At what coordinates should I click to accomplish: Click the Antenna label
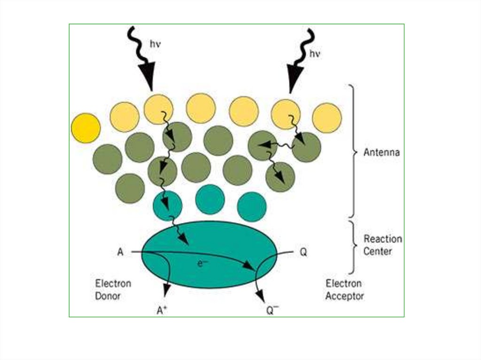pyautogui.click(x=381, y=153)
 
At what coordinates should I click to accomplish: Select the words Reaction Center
pyautogui.click(x=383, y=245)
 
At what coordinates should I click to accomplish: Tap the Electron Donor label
pyautogui.click(x=113, y=290)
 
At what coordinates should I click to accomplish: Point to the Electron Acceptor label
pyautogui.click(x=345, y=290)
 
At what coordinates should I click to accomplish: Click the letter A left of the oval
pyautogui.click(x=120, y=253)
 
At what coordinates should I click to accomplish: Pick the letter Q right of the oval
pyautogui.click(x=303, y=253)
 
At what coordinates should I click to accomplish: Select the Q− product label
pyautogui.click(x=272, y=310)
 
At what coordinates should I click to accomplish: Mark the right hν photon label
pyautogui.click(x=314, y=54)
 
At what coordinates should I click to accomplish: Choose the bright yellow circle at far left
pyautogui.click(x=85, y=128)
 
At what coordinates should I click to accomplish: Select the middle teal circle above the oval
pyautogui.click(x=209, y=199)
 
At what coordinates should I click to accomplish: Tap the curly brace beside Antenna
pyautogui.click(x=353, y=151)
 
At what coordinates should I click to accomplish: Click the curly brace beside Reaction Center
pyautogui.click(x=353, y=246)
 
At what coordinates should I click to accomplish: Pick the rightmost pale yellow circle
pyautogui.click(x=327, y=118)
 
